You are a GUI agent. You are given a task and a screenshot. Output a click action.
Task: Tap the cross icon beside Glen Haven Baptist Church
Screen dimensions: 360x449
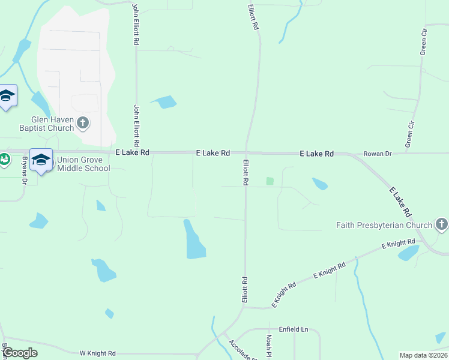(83, 124)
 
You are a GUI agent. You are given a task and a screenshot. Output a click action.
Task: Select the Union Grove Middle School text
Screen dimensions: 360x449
(83, 164)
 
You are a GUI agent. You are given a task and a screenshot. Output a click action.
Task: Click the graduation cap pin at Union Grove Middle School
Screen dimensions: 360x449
(41, 160)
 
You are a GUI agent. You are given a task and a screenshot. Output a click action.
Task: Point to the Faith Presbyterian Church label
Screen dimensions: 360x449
(384, 226)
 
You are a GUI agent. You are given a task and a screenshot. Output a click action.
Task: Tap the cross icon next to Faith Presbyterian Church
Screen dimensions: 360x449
(441, 226)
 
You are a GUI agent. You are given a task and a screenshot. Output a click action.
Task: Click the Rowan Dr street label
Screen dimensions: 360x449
(378, 154)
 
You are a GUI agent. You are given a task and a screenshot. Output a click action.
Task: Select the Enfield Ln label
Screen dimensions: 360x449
(293, 329)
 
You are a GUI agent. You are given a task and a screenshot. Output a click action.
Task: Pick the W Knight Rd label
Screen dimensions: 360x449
(97, 354)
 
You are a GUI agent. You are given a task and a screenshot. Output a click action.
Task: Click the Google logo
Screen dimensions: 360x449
(20, 353)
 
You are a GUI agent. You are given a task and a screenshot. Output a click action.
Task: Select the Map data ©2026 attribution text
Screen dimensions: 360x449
(424, 355)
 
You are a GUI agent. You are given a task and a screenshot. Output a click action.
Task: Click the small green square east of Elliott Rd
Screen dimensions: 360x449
(270, 181)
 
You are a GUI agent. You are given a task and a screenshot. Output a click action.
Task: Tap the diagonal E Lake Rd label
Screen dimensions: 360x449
(400, 202)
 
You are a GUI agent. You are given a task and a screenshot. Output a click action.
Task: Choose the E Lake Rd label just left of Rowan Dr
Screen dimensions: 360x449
(316, 154)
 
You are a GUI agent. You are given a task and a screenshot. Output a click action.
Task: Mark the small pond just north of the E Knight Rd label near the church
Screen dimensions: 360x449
(408, 253)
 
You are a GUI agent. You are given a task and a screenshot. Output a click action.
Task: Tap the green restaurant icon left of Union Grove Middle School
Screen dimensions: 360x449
(4, 160)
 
